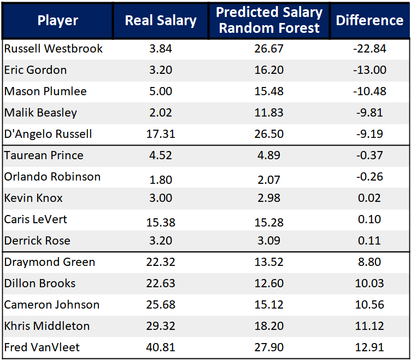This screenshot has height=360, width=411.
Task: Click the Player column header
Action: click(58, 21)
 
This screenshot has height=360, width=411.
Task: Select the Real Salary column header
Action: click(161, 21)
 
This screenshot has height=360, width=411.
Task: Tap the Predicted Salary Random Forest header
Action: click(269, 21)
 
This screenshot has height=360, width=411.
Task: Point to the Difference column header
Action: click(369, 21)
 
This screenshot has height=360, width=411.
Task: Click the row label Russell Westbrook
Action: click(54, 49)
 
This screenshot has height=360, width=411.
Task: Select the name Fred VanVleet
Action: click(42, 347)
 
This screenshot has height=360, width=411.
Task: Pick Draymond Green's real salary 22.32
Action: click(161, 262)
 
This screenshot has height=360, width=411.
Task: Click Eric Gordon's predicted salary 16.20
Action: click(269, 70)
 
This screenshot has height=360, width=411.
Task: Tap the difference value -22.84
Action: click(369, 49)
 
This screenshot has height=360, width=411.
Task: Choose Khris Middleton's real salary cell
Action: click(161, 326)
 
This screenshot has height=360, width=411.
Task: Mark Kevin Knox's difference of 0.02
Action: click(369, 198)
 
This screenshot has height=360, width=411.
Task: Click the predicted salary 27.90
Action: click(269, 347)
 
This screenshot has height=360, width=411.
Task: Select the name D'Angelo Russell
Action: click(48, 134)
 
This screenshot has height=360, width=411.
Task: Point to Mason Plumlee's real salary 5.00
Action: click(161, 91)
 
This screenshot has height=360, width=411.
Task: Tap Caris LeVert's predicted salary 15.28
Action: click(269, 219)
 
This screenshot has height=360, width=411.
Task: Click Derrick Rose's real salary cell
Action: click(161, 241)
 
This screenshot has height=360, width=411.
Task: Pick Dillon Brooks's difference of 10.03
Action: click(369, 283)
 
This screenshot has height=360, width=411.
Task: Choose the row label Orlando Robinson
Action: click(52, 177)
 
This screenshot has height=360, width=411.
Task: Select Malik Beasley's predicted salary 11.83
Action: click(269, 113)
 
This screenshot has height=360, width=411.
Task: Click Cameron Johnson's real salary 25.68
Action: click(161, 305)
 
